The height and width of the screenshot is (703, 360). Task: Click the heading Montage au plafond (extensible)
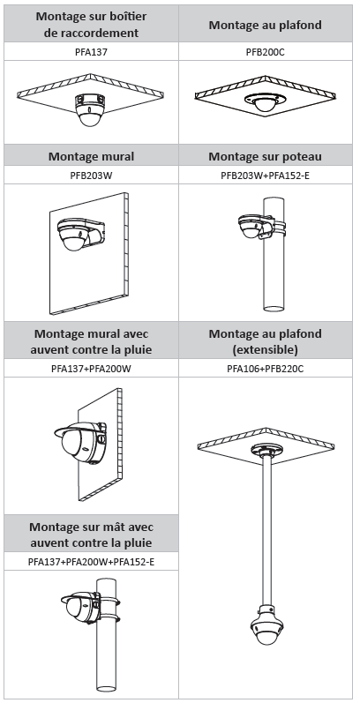265,341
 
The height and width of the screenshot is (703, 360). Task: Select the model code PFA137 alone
91,52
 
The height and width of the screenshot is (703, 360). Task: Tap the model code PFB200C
265,52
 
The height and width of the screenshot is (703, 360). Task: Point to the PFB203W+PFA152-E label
265,176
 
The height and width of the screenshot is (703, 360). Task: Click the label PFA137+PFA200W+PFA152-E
91,561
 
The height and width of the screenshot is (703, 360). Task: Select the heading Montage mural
91,156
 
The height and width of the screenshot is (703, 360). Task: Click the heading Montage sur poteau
265,156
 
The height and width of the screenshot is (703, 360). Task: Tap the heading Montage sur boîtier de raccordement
91,24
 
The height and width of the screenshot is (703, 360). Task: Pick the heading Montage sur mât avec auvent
91,534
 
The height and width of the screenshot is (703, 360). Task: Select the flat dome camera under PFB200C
264,102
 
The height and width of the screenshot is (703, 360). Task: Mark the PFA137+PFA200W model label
91,369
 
